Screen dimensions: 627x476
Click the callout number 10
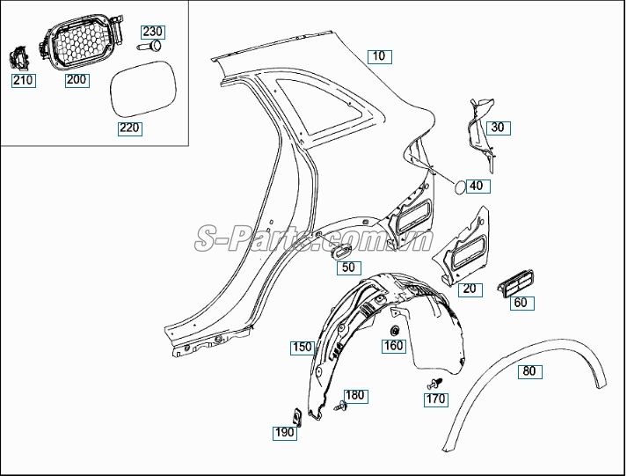coord(380,56)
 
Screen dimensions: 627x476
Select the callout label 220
coord(130,128)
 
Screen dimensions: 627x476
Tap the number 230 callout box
coord(153,32)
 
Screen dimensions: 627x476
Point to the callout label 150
coord(303,348)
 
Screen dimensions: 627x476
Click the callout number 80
coord(530,371)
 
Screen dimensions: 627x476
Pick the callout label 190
coord(285,433)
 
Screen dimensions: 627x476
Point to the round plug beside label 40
coord(459,187)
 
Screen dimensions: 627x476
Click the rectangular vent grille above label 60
coord(515,283)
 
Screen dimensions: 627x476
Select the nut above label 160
coord(395,331)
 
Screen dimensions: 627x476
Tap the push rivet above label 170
coord(434,384)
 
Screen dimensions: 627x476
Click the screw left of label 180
coord(340,406)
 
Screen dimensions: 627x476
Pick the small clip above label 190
coord(296,417)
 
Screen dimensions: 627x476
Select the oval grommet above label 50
coord(340,252)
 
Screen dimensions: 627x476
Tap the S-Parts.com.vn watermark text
coord(314,238)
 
